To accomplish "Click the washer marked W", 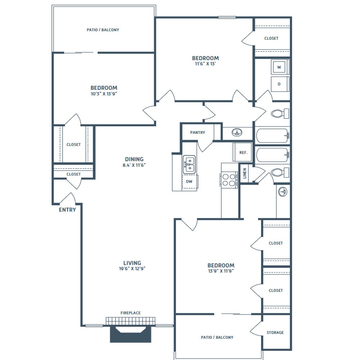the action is point(279,67).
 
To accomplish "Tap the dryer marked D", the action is point(279,84).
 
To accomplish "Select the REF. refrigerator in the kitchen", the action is point(242,152).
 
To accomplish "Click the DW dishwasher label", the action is point(189,181).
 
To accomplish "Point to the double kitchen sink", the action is point(189,165).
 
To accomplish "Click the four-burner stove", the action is point(229,180).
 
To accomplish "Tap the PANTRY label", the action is point(198,132).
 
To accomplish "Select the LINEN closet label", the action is point(244,174).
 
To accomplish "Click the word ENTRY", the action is point(67,210).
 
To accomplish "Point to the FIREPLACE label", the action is point(131,313).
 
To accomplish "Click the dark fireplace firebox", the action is point(131,334).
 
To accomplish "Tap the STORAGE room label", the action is point(275,332).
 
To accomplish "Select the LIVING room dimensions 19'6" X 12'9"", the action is point(132,269).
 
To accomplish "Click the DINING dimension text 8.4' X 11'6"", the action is point(134,165).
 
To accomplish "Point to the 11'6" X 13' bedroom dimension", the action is point(206,64).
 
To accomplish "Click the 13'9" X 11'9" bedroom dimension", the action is point(221,271).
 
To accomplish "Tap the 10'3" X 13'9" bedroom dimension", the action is point(104,94).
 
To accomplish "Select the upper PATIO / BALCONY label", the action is point(103,30).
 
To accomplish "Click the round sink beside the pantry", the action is point(237,132).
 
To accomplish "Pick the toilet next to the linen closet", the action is point(280,172).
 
